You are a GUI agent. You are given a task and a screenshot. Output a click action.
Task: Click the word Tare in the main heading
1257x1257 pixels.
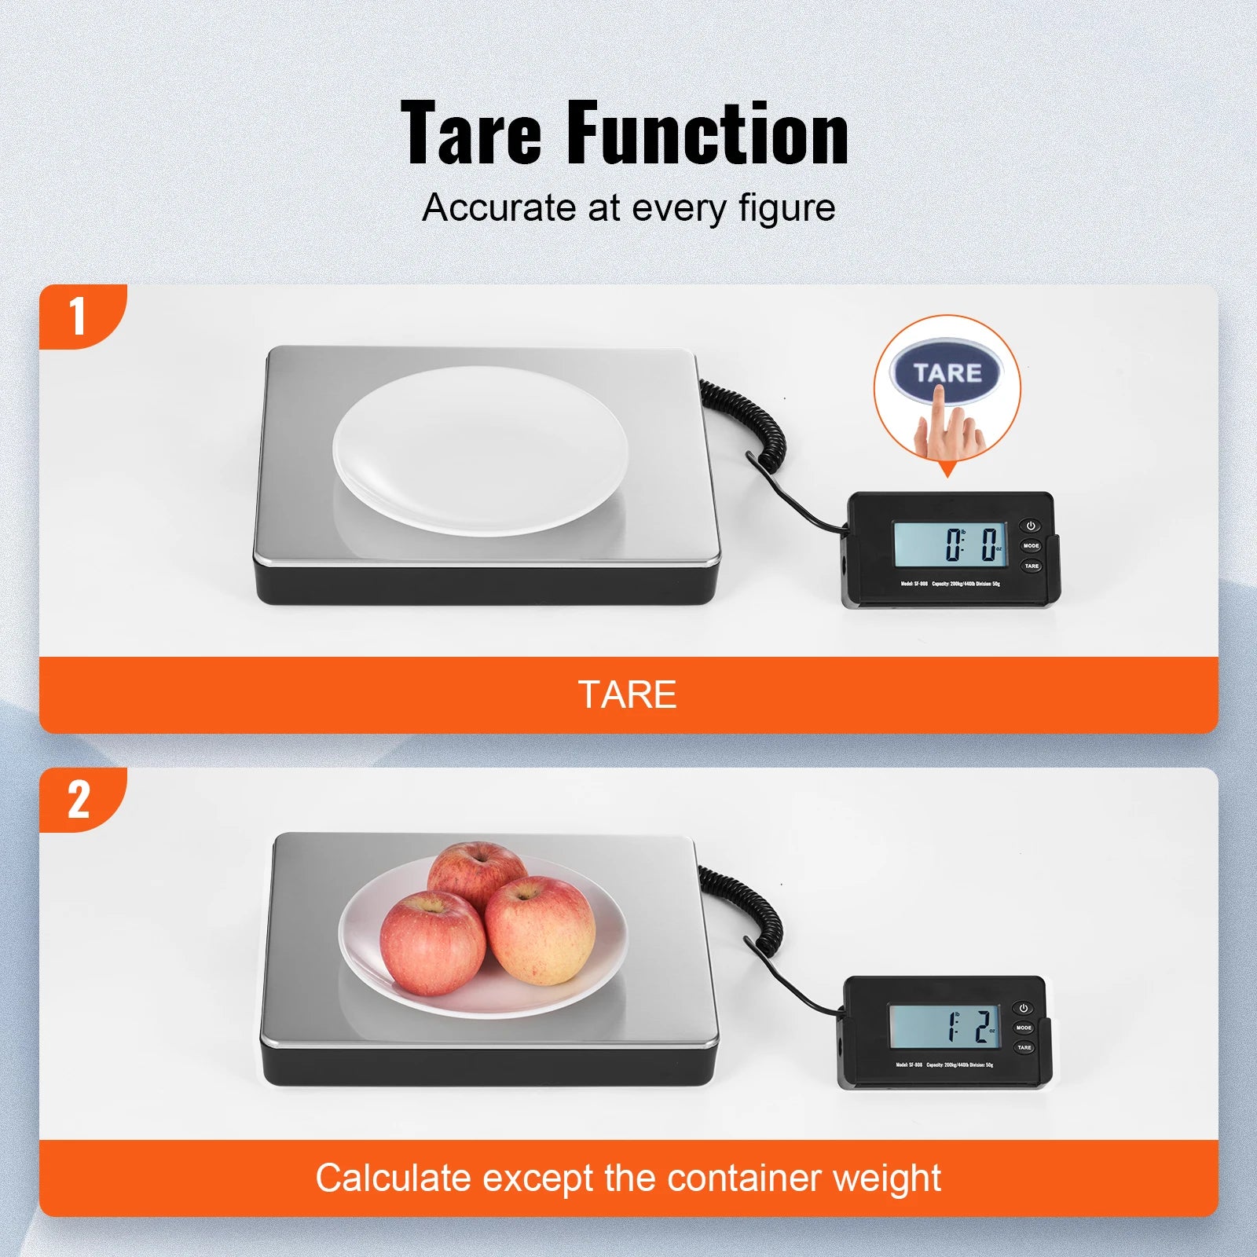[x=471, y=134]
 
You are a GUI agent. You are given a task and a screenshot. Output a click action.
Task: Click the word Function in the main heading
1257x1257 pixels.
[x=707, y=134]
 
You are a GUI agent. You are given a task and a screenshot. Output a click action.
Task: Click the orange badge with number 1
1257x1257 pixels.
[x=79, y=316]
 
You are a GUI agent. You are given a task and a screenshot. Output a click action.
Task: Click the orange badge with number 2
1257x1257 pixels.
[x=79, y=799]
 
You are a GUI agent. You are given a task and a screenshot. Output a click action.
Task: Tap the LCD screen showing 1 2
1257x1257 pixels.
[x=944, y=1026]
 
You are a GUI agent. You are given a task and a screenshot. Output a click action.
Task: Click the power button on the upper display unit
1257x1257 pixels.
[x=1032, y=526]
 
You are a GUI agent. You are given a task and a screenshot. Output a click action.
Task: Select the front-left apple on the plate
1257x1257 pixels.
[x=432, y=943]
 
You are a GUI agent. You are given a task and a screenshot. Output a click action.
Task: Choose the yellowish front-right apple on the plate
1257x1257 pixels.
[x=541, y=931]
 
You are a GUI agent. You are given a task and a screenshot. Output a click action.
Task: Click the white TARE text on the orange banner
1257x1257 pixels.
[x=627, y=694]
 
